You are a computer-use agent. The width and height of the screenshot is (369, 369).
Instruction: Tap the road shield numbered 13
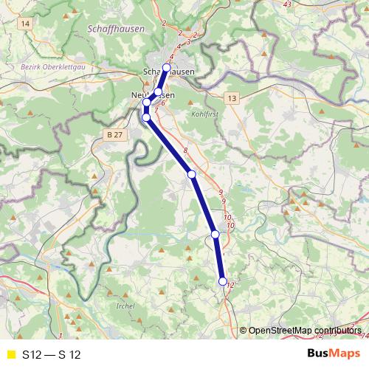(233, 97)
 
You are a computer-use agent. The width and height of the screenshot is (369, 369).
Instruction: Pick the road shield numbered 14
(27, 24)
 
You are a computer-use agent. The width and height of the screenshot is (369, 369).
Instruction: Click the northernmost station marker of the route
(166, 67)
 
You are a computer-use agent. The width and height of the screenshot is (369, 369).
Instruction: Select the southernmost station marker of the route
(223, 280)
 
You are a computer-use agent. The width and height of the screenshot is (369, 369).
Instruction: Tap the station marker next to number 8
(191, 174)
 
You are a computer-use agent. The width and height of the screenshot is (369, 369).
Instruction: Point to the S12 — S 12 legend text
(51, 355)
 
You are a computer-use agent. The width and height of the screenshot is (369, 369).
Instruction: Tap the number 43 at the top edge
(287, 4)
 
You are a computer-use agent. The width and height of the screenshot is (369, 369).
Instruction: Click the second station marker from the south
(215, 234)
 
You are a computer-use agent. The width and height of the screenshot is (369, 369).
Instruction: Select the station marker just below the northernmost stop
(158, 92)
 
